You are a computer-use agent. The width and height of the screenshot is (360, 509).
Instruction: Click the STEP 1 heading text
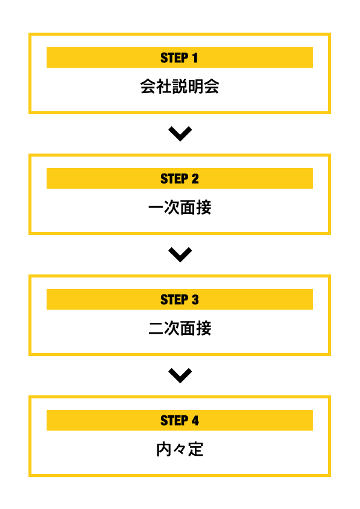pos(179,58)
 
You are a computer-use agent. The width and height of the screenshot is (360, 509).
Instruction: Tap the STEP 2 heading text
pos(179,178)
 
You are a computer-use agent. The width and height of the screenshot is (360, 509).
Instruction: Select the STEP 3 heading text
pos(179,300)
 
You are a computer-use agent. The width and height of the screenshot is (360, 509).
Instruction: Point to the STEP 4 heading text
pos(179,420)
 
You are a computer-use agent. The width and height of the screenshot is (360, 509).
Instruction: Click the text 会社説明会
pos(180,86)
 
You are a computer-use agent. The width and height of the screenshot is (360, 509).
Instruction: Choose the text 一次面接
pos(180,207)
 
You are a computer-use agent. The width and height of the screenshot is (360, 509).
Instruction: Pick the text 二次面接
pos(180,328)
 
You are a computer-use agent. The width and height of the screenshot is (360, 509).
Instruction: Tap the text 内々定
pos(180,449)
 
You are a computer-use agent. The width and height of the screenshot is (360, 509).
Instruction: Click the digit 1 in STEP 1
pos(195,58)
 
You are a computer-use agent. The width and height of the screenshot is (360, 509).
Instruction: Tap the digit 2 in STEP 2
pos(195,178)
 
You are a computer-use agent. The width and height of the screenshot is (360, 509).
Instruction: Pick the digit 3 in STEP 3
pos(195,300)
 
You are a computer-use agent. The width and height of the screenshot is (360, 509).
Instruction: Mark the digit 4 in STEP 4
pos(195,420)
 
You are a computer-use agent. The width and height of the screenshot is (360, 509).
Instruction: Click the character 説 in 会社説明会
pos(180,86)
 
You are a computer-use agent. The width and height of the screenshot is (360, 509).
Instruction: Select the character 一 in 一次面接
pos(156,207)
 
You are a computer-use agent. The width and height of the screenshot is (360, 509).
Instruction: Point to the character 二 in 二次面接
pos(156,328)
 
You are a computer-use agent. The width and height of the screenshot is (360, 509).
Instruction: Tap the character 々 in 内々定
pos(180,450)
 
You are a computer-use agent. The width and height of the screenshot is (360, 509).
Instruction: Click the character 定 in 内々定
pos(196,449)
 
